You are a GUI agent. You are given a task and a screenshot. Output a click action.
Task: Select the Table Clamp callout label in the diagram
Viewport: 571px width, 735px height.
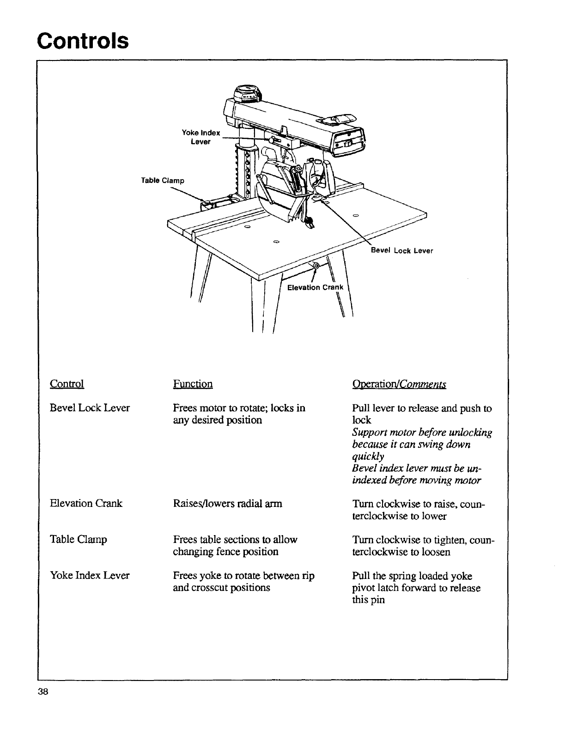163,181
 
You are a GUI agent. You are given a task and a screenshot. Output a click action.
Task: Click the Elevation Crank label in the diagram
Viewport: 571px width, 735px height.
316,288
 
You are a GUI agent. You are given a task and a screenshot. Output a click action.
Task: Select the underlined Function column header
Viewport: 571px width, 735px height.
193,384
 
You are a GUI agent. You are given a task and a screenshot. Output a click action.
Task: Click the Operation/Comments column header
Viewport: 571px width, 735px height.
399,384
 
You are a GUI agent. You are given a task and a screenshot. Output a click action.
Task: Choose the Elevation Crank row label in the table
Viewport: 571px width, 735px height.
86,503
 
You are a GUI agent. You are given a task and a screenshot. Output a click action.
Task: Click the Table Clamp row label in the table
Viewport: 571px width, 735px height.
79,539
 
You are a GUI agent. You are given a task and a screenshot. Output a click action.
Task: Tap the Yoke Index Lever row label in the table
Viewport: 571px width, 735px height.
90,575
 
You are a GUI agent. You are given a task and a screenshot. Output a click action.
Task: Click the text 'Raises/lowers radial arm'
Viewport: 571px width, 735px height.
227,503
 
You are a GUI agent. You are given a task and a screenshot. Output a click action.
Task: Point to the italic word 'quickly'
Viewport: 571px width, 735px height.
368,456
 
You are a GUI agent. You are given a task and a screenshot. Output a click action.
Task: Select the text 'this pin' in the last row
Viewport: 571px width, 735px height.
368,600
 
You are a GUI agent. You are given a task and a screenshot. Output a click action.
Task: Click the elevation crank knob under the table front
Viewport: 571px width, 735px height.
316,266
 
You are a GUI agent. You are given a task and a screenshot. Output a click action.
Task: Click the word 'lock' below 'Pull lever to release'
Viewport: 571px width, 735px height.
361,420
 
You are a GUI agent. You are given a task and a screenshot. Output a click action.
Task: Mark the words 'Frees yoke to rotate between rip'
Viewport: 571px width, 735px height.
243,576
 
